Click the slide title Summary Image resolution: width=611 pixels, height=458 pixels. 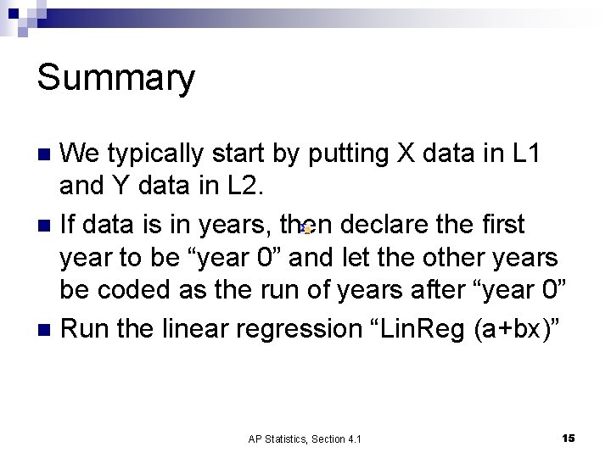pos(116,79)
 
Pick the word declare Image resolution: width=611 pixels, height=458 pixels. pos(385,224)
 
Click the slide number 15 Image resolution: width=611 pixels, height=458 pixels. pos(568,438)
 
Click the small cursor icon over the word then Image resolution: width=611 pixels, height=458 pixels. pos(306,228)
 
